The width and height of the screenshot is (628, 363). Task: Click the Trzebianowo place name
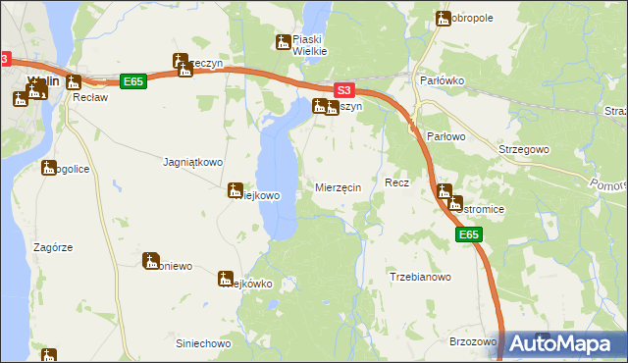[x=420, y=277]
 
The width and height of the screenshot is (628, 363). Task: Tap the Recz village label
[x=396, y=183]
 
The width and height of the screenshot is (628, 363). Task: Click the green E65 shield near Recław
[x=133, y=82]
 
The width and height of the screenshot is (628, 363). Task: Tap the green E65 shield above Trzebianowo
[x=469, y=235]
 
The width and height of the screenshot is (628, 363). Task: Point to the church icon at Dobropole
[x=443, y=18]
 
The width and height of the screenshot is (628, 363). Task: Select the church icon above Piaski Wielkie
[x=284, y=41]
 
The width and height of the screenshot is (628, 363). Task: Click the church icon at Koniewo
[x=151, y=260]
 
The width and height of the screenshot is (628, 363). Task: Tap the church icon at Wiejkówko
[x=226, y=278]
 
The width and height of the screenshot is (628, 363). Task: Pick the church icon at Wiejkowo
[x=235, y=189]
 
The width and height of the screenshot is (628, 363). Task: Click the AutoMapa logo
[x=564, y=343]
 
